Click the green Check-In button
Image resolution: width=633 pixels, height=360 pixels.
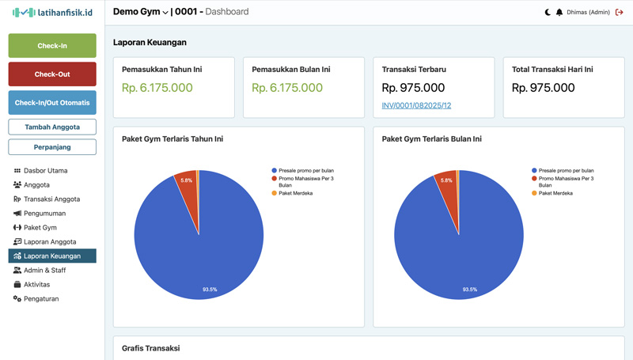point(52,46)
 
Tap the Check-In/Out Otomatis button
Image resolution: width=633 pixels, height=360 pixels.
point(52,103)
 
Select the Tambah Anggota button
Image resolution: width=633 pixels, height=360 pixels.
point(52,127)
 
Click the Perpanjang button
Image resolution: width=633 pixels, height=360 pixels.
point(52,147)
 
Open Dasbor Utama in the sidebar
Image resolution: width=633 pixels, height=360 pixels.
point(45,171)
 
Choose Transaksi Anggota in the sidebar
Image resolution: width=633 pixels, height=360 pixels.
point(51,199)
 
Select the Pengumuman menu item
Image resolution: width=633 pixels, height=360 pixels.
point(44,214)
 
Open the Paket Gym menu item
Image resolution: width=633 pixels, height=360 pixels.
point(40,228)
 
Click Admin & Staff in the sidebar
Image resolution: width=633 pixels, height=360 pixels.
point(44,271)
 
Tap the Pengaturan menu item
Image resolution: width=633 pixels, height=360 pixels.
point(41,299)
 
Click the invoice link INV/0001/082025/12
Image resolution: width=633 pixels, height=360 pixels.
point(416,105)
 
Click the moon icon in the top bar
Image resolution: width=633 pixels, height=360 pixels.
point(548,13)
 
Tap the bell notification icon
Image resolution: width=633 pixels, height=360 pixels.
point(559,13)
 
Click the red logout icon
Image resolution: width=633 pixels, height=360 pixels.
point(620,13)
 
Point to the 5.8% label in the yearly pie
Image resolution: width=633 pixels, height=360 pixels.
point(187,180)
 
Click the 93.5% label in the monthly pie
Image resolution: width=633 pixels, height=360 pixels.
point(470,290)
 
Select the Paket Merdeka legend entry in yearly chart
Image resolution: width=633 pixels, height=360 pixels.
point(295,193)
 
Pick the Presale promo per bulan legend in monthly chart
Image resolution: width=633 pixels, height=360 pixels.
point(566,170)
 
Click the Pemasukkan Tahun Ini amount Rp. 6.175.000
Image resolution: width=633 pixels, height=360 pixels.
point(157,88)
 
